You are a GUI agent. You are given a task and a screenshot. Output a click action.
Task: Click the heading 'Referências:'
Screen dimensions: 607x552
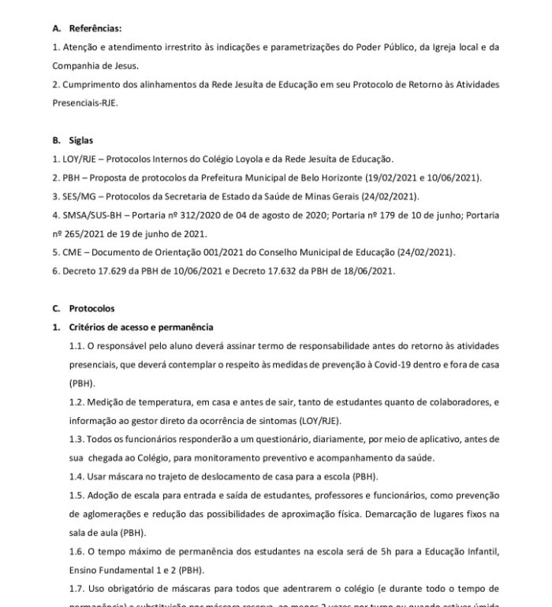pos(94,28)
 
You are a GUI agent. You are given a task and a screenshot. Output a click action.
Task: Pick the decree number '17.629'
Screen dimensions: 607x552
pos(108,271)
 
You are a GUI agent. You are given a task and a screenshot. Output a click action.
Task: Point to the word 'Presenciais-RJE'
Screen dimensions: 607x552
pos(83,102)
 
